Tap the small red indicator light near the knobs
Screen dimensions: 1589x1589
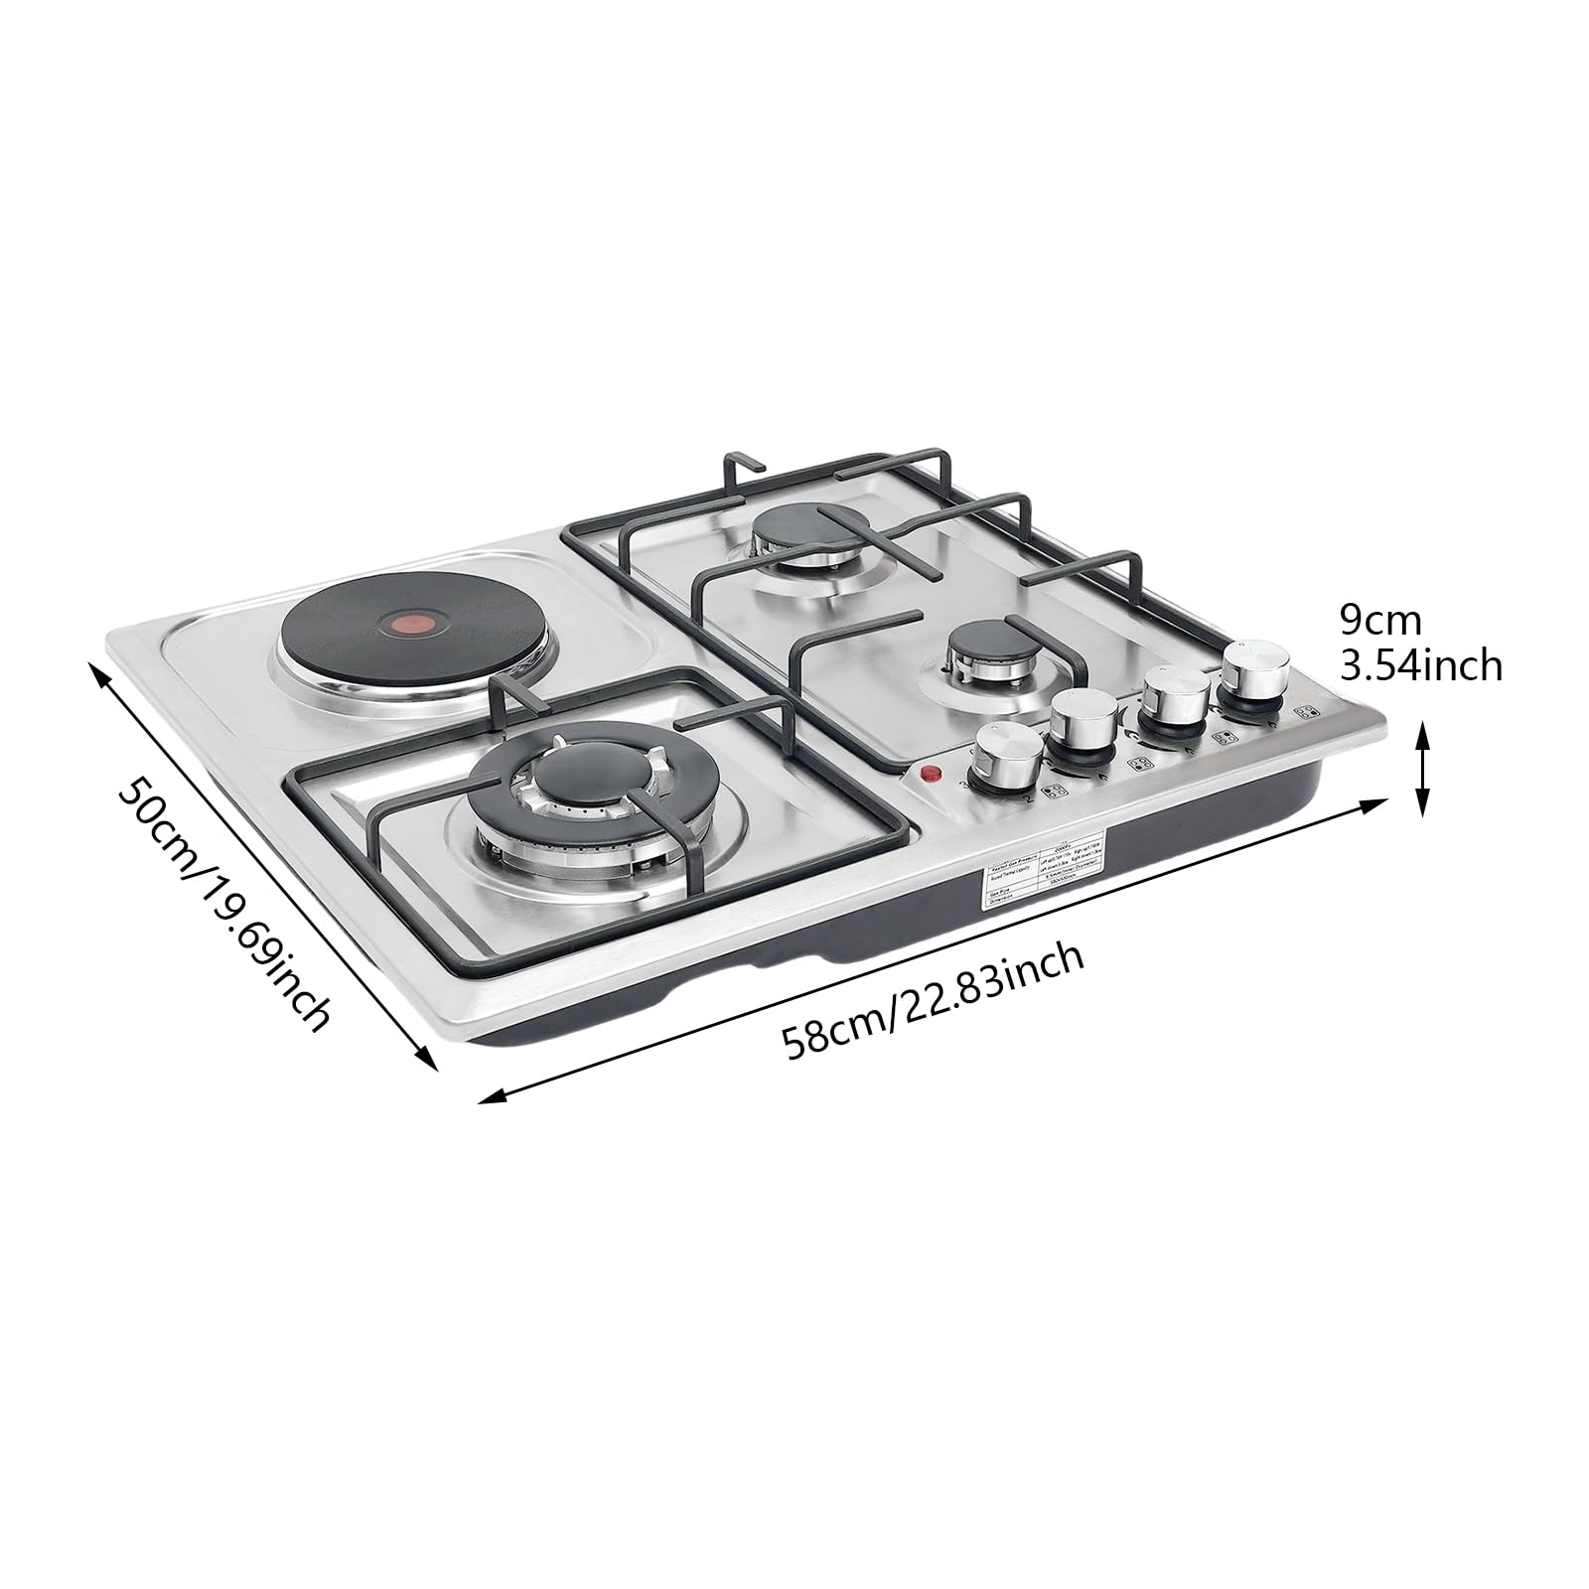pyautogui.click(x=932, y=775)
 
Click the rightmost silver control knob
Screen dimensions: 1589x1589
pyautogui.click(x=1254, y=672)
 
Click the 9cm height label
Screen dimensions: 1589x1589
pyautogui.click(x=1380, y=621)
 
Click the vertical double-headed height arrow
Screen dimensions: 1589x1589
pyautogui.click(x=1422, y=770)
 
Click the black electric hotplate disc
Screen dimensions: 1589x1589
pyautogui.click(x=367, y=636)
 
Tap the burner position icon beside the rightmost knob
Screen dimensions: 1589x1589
pyautogui.click(x=1308, y=711)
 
